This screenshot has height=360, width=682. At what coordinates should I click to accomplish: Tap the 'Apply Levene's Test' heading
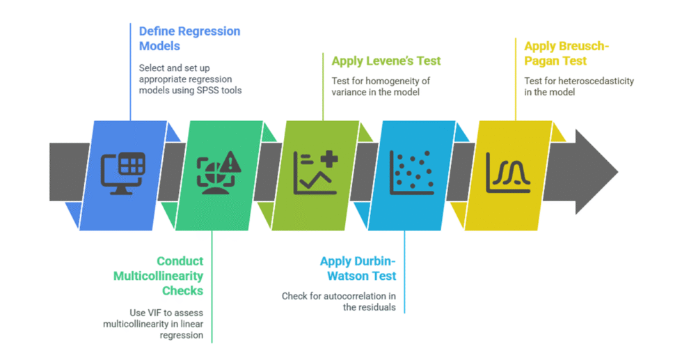(x=386, y=61)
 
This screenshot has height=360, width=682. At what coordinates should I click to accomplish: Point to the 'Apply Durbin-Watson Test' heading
(x=357, y=269)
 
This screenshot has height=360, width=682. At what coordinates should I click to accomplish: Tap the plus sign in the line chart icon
(x=327, y=159)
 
